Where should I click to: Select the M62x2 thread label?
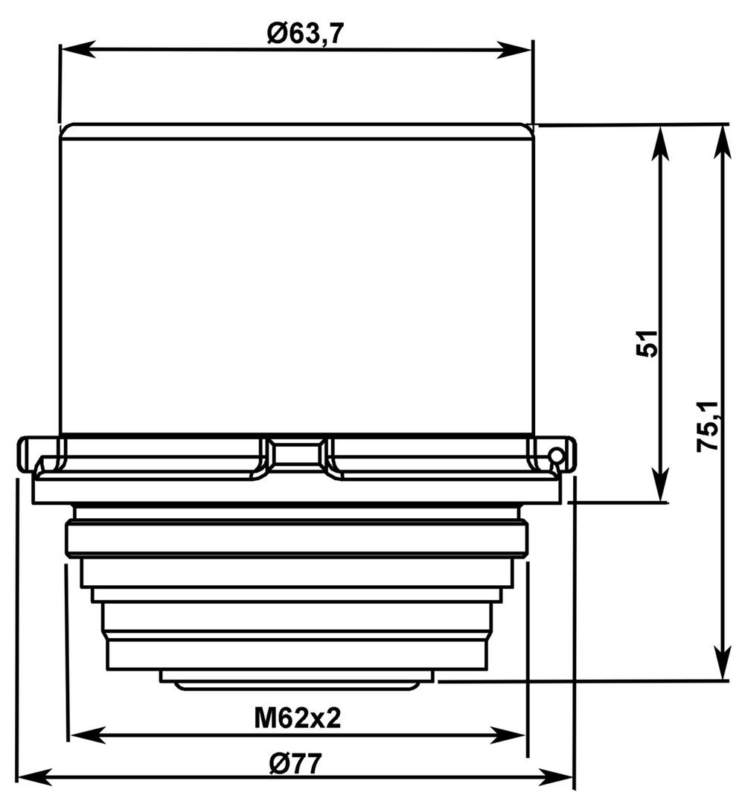pyautogui.click(x=298, y=718)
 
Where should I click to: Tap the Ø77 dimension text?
pyautogui.click(x=295, y=765)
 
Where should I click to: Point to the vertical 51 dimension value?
pyautogui.click(x=647, y=343)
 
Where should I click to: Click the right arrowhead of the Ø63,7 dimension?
pyautogui.click(x=515, y=51)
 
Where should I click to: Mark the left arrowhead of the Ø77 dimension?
pyautogui.click(x=36, y=777)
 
